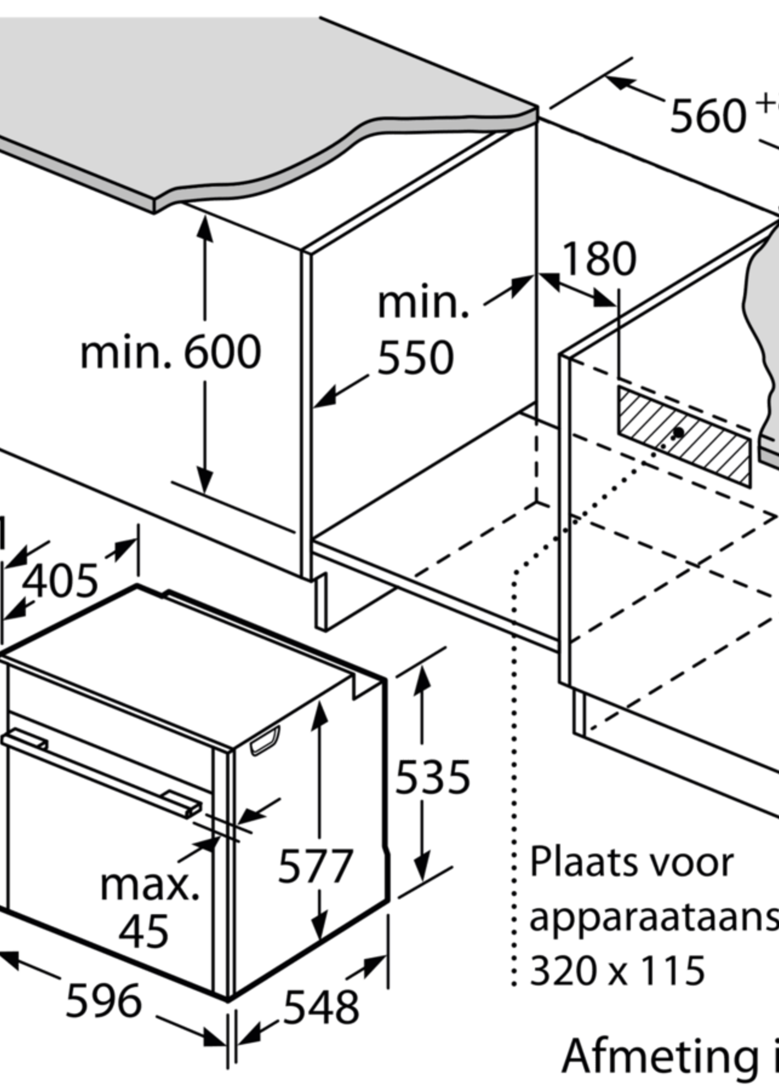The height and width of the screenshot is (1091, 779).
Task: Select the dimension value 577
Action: coord(315,867)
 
